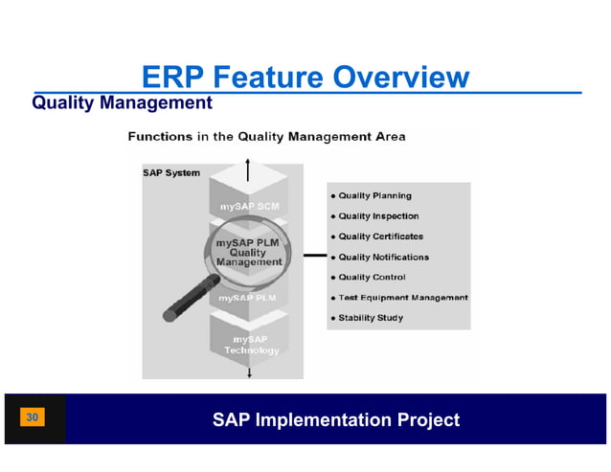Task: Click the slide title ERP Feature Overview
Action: pos(305,77)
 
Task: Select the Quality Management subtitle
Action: pos(122,101)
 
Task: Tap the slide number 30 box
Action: pos(33,417)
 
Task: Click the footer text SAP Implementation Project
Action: pos(335,419)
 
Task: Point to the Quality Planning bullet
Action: pos(374,195)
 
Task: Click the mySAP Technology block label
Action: pos(251,345)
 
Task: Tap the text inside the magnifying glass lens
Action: pos(248,252)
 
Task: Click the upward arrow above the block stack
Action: pos(249,169)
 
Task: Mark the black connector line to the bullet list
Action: pos(314,256)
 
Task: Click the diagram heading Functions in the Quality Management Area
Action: pos(266,137)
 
